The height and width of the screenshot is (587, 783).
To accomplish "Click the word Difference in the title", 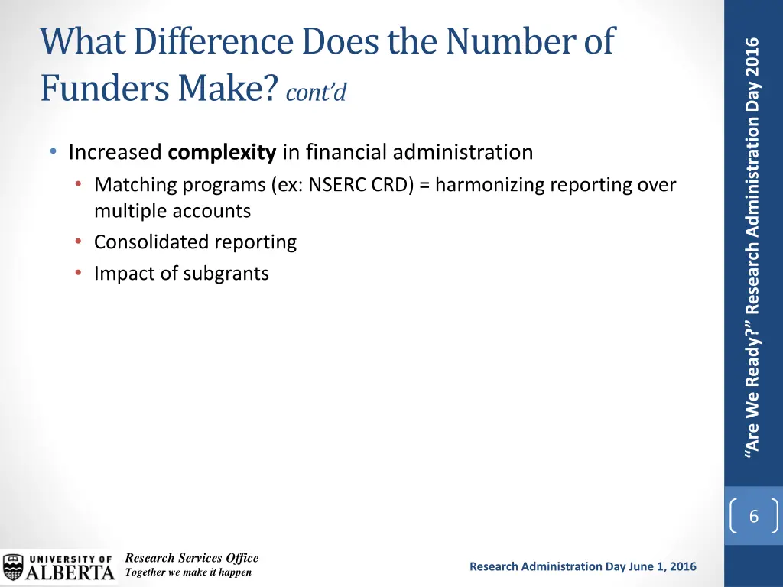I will tap(190, 41).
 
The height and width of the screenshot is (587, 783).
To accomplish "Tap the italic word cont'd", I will tap(316, 92).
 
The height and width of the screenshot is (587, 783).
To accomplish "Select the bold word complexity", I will tap(222, 153).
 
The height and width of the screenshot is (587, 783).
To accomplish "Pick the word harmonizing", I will tap(490, 185).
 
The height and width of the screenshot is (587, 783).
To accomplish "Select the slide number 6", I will tap(753, 517).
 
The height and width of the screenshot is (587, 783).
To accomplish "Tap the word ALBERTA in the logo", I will tap(71, 572).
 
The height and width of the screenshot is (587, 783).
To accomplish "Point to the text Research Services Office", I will tap(191, 558).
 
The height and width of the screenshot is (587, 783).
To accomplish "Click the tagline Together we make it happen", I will tap(188, 572).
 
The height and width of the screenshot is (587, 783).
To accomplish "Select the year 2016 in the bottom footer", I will tap(682, 566).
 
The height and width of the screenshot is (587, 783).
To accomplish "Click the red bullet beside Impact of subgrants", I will tap(80, 273).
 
